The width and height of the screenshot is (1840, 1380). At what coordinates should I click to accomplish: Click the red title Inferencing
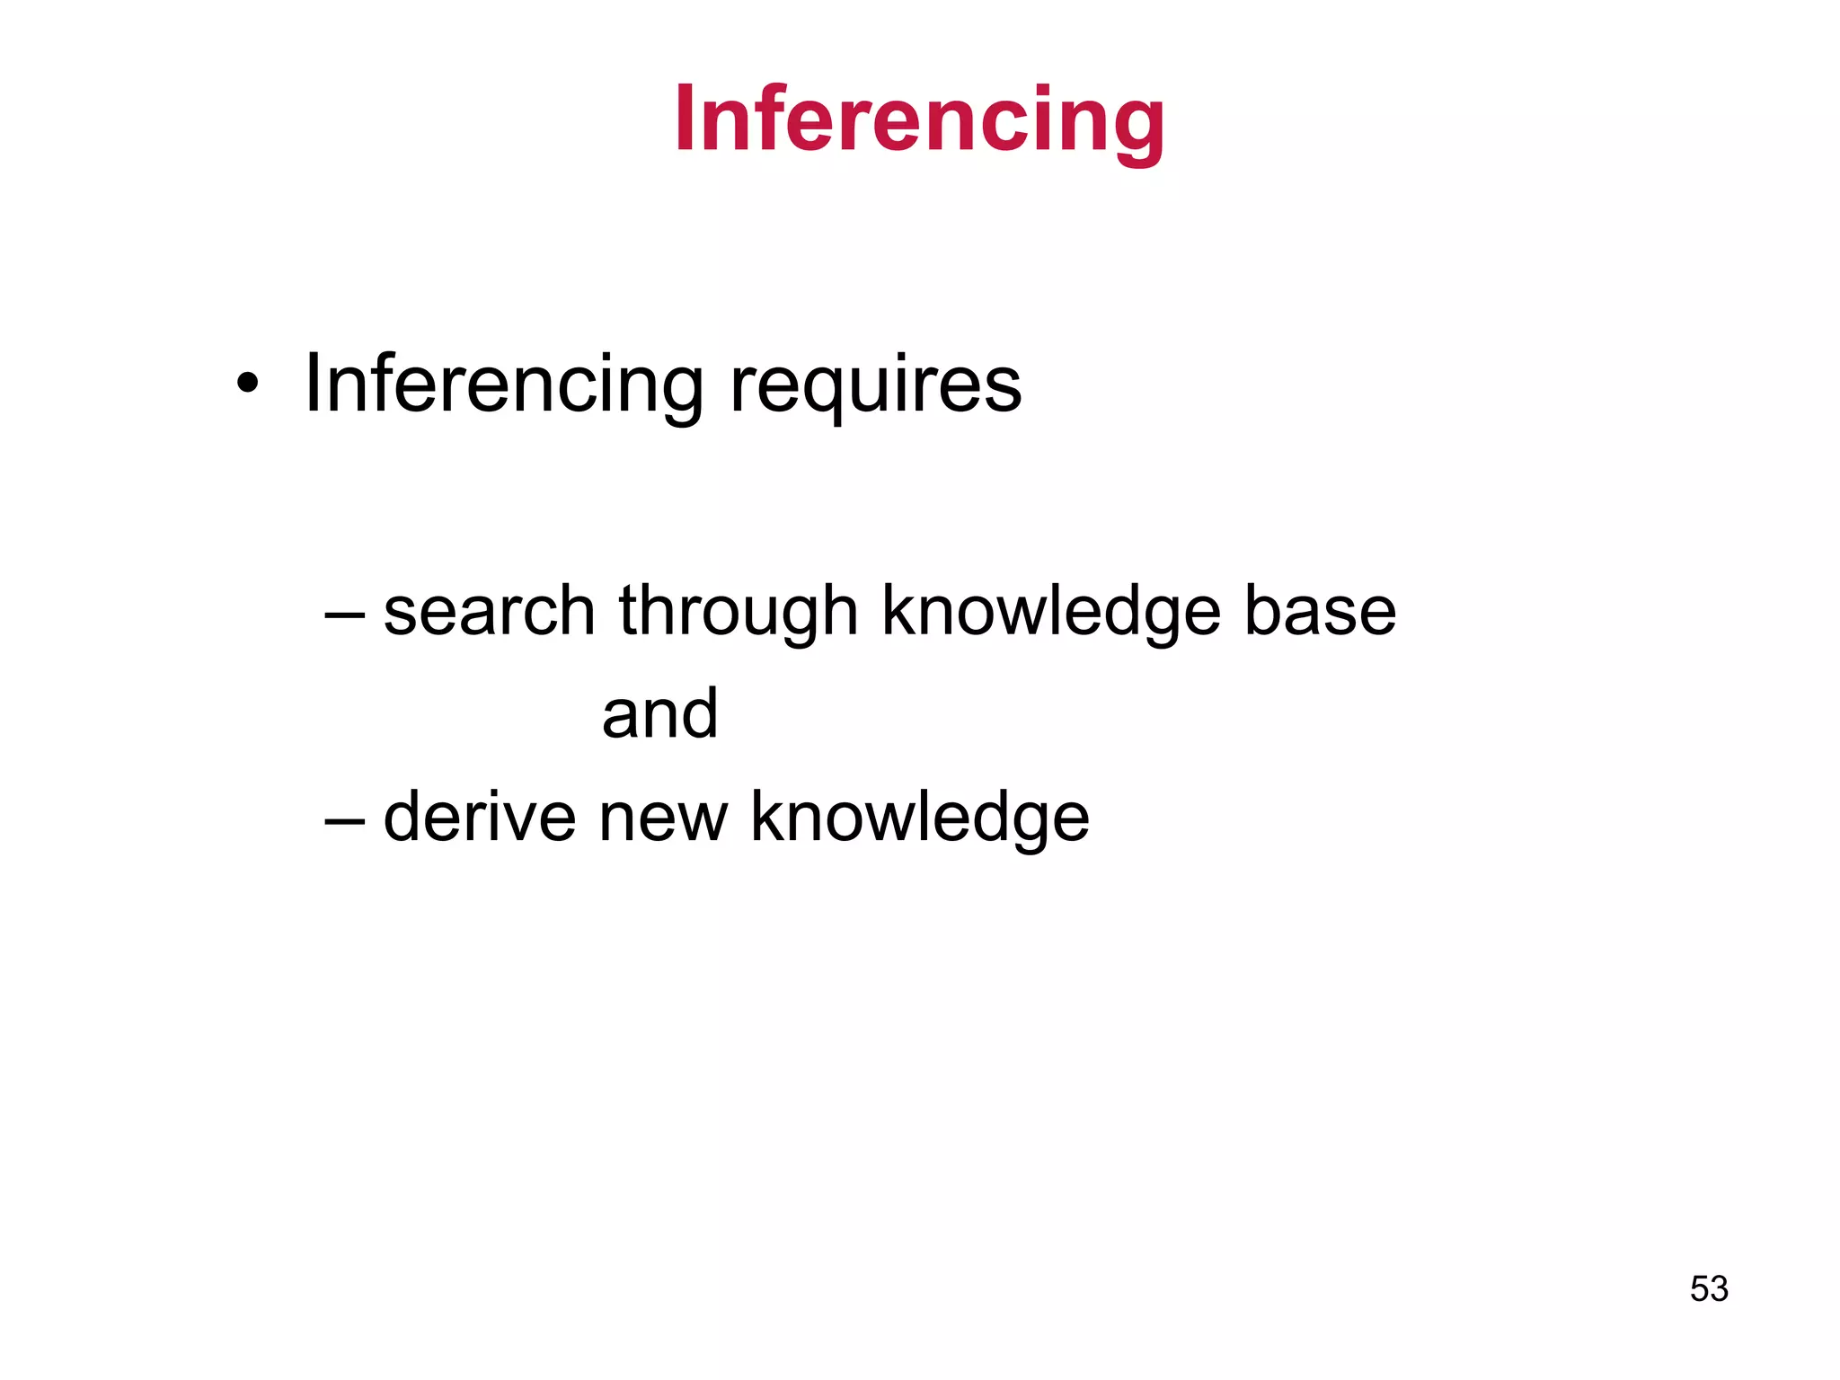[x=919, y=119]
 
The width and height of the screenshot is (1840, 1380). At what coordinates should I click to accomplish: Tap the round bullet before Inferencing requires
[x=247, y=385]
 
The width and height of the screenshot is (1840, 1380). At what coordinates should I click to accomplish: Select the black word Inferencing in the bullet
[x=504, y=385]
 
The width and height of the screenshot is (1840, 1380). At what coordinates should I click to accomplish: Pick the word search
[x=490, y=612]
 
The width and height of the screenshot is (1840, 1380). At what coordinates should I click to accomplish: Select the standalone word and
[x=660, y=714]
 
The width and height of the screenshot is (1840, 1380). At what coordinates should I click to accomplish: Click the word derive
[x=479, y=817]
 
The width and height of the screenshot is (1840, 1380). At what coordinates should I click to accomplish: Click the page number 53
[x=1709, y=1289]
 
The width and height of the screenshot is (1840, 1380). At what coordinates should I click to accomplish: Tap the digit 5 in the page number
[x=1700, y=1289]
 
